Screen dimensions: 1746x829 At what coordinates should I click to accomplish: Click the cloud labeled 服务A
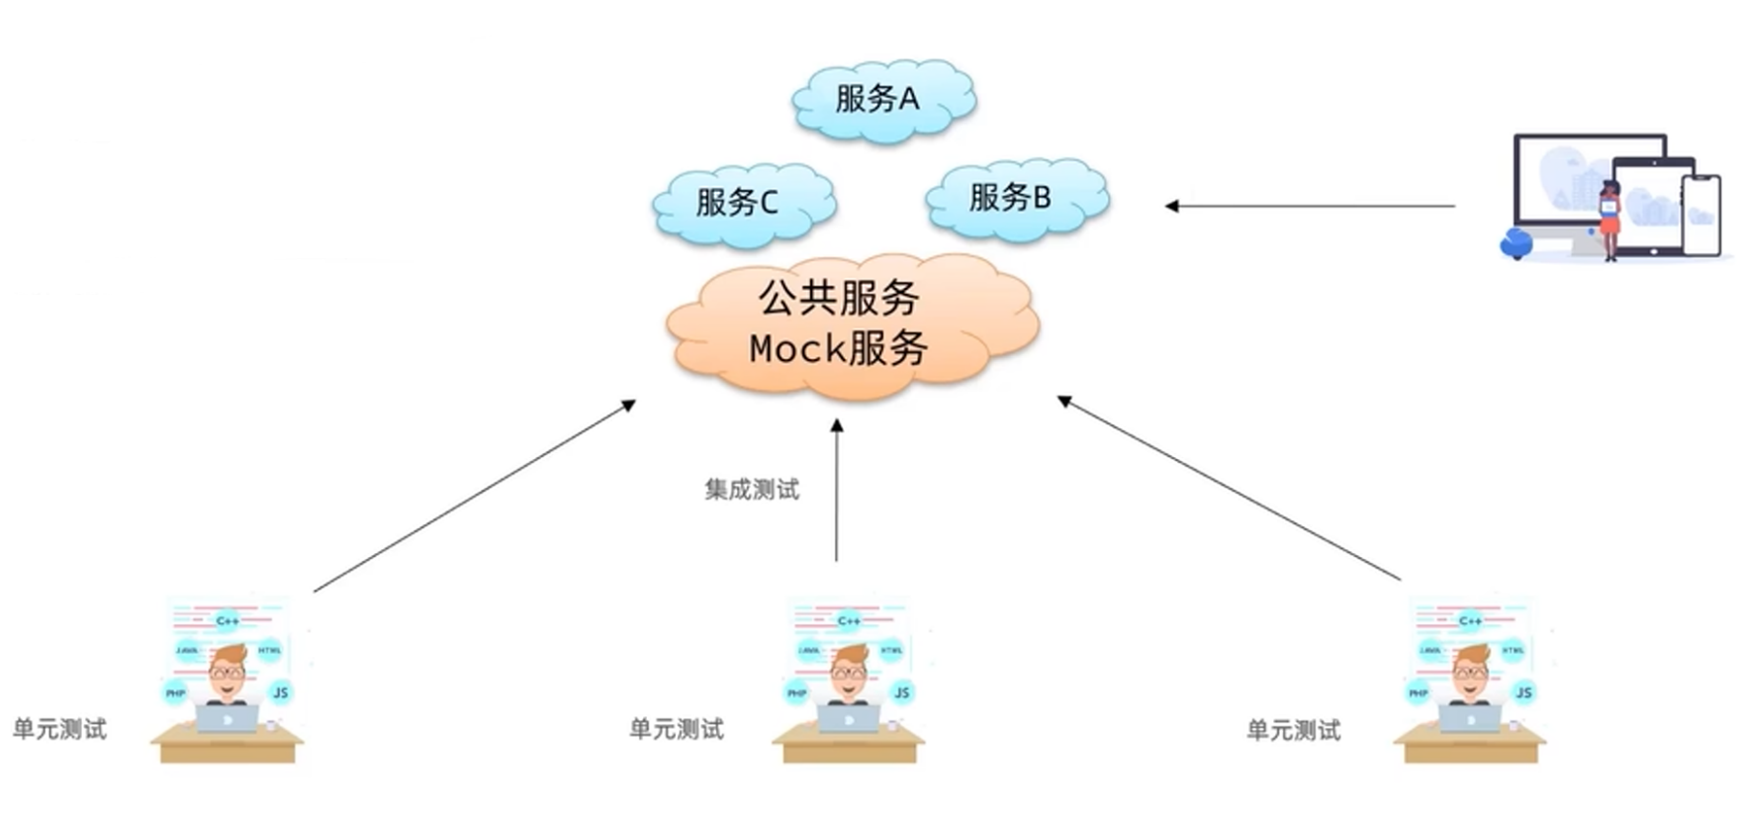click(882, 99)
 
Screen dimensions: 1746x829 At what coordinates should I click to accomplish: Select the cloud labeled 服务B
click(1016, 199)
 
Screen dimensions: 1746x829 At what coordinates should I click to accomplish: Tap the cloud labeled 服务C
click(743, 203)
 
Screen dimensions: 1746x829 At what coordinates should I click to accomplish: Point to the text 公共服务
click(839, 298)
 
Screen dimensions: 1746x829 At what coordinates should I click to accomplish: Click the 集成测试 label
click(752, 490)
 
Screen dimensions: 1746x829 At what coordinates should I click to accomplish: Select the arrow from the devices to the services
click(1311, 206)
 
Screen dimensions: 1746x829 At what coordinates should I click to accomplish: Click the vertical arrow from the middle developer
click(837, 490)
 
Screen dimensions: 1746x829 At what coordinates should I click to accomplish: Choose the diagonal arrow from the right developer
click(1229, 488)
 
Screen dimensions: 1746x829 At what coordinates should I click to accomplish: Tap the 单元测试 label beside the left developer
click(59, 730)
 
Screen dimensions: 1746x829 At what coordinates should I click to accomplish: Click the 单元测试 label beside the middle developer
click(677, 730)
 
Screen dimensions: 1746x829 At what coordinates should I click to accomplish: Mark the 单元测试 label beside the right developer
click(1293, 731)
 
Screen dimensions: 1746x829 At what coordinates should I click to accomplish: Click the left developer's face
click(228, 673)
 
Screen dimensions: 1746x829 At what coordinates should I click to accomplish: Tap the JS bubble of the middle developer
click(901, 692)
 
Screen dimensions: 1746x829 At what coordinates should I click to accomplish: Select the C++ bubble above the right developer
click(1470, 621)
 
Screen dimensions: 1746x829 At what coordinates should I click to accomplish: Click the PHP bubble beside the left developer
click(175, 692)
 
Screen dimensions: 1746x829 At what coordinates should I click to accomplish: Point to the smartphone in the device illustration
click(1700, 215)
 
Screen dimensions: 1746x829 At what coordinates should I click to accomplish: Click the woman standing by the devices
click(1609, 220)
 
